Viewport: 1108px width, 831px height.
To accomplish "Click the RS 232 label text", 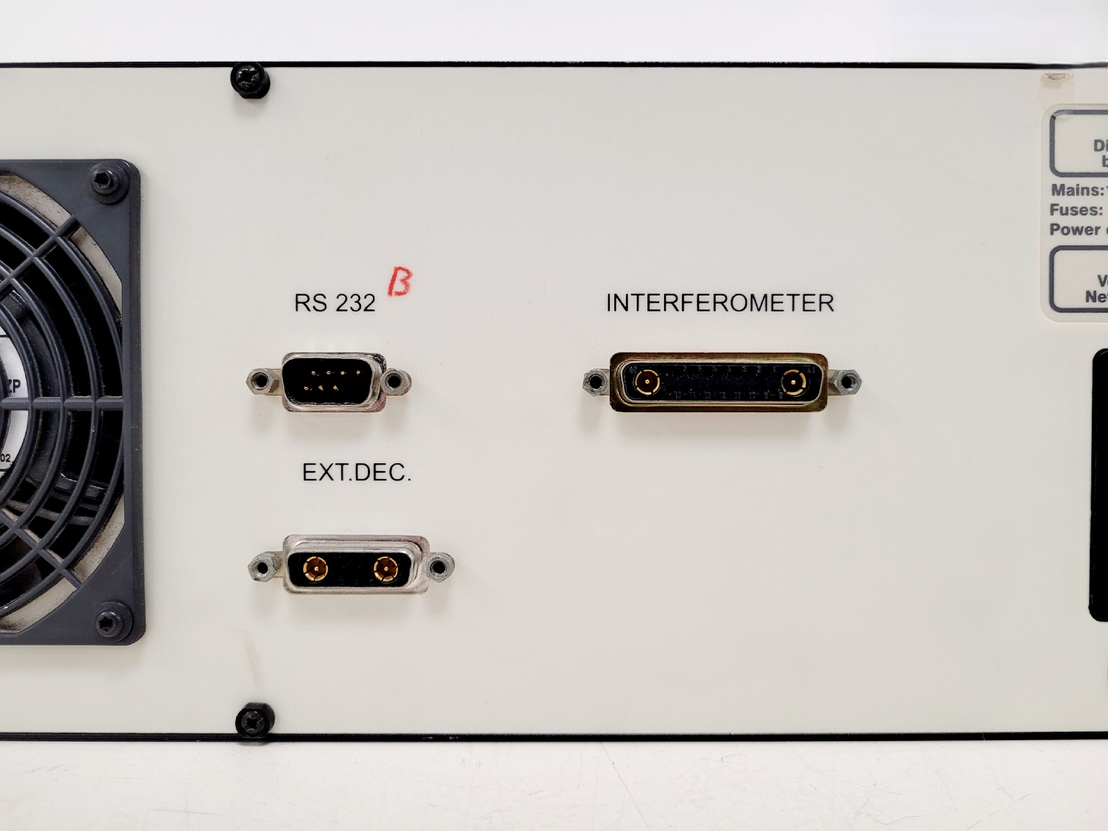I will coord(334,303).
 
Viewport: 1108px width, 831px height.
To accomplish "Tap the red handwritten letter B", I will coord(399,282).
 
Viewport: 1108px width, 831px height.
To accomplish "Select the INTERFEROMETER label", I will coord(719,303).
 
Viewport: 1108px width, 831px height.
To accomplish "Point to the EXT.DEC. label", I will coord(357,473).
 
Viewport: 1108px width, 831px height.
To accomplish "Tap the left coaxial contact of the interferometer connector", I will coord(646,383).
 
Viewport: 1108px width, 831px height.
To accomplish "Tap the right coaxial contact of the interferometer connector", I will coord(794,384).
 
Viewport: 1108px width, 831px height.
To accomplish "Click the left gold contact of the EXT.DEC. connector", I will coord(315,568).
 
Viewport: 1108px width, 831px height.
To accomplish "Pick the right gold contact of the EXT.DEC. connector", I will coord(385,568).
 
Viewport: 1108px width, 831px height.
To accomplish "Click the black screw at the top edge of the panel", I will coord(250,80).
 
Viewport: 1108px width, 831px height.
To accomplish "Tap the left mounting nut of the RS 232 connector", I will coord(260,382).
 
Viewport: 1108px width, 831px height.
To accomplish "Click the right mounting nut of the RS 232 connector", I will coord(396,382).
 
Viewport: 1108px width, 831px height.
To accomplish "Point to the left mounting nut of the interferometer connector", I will coord(596,383).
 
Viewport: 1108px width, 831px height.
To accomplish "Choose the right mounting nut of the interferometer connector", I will coord(847,383).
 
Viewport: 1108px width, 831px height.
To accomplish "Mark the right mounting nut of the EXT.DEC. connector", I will coord(439,567).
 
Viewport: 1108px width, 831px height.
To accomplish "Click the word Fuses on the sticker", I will coord(1075,210).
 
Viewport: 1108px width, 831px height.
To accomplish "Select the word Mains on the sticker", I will coord(1076,190).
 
